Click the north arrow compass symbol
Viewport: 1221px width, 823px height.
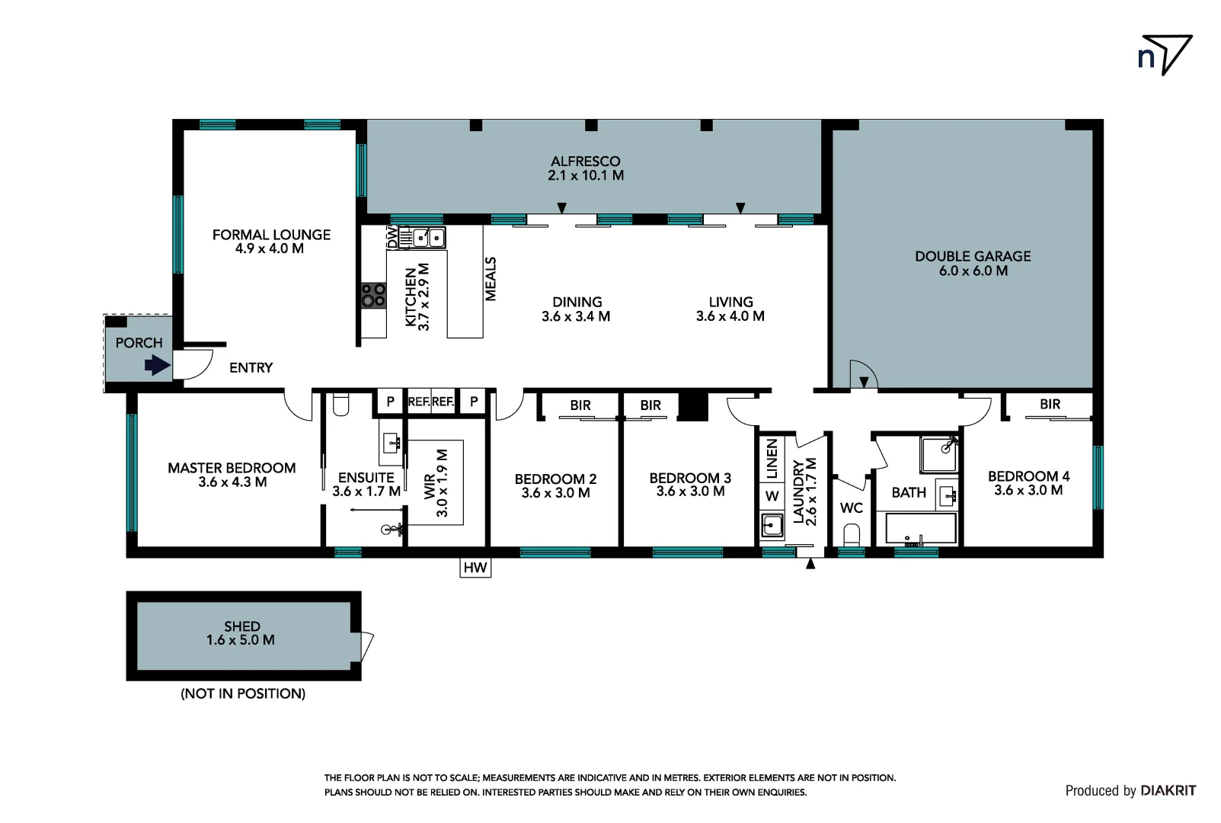tap(1165, 55)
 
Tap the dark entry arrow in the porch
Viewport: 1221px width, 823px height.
tap(157, 367)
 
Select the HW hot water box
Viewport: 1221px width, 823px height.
tap(475, 568)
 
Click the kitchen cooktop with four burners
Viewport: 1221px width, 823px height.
tap(373, 295)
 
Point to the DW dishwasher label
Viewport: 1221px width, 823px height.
tap(392, 237)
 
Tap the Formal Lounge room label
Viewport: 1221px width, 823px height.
tap(271, 235)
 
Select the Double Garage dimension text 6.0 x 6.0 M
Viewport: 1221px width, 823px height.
tap(973, 271)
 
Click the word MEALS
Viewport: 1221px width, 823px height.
tap(491, 279)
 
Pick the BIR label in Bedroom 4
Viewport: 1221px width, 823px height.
tap(1050, 405)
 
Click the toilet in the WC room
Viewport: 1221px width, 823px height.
tap(852, 534)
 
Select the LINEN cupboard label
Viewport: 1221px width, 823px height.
tap(772, 459)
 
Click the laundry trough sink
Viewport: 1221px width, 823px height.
tap(772, 525)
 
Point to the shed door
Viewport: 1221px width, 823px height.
tap(367, 646)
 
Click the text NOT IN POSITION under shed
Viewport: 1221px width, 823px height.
tap(243, 693)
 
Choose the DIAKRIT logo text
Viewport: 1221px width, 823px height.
tap(1168, 791)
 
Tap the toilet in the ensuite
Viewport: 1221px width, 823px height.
tap(340, 405)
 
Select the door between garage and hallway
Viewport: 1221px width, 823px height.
tap(863, 377)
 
